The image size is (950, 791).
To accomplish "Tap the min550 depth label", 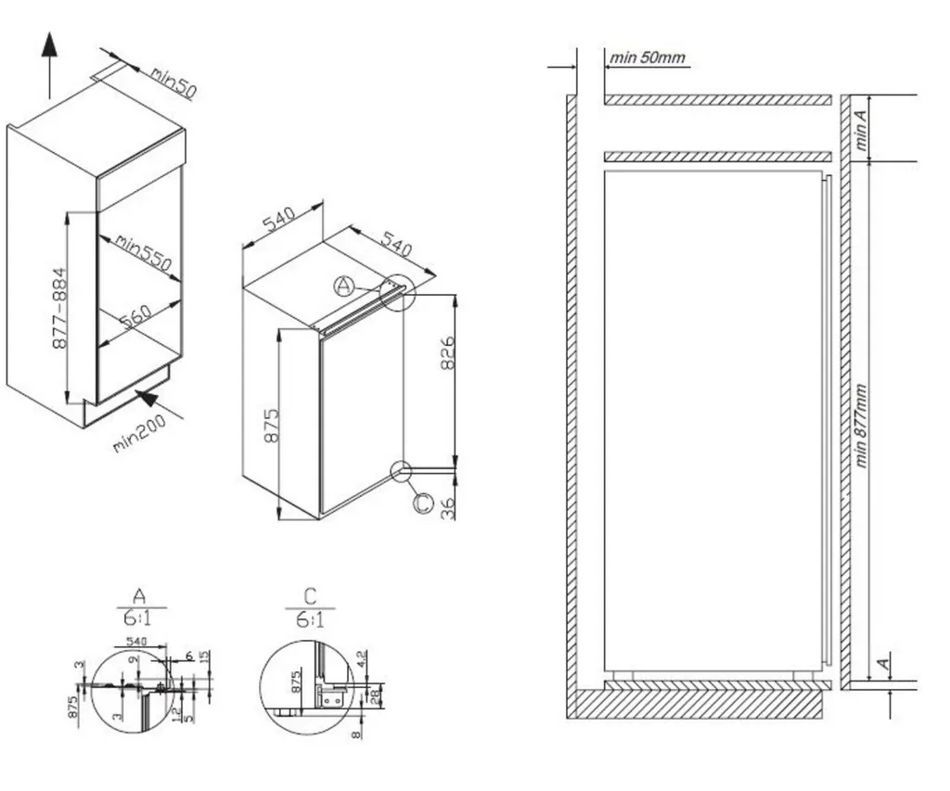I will [144, 252].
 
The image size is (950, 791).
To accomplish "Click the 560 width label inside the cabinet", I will [135, 316].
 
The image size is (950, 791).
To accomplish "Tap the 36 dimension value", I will [448, 508].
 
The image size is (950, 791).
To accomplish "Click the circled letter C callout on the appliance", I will [422, 503].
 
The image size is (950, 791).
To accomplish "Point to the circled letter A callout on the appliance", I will [344, 287].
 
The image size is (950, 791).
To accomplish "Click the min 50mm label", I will [648, 58].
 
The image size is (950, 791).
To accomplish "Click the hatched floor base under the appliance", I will [696, 704].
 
